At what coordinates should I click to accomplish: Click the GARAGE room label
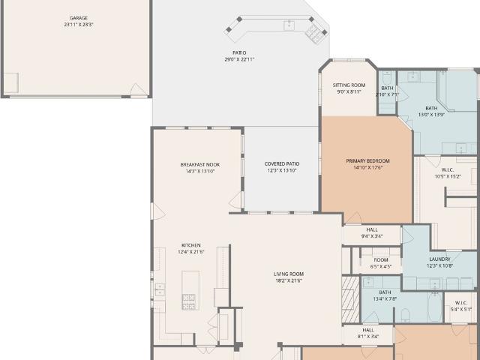[x=78, y=18]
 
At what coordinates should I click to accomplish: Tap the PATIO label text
[x=239, y=53]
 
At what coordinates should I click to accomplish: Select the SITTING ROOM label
[x=349, y=85]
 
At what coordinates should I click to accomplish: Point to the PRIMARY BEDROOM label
[x=367, y=161]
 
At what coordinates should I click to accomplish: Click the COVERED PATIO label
[x=282, y=164]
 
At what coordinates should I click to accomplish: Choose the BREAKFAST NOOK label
[x=200, y=165]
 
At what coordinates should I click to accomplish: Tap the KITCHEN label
[x=191, y=245]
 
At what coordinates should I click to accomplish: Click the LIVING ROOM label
[x=289, y=274]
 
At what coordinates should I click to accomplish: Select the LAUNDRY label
[x=439, y=259]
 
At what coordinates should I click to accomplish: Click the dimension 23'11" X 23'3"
[x=78, y=25]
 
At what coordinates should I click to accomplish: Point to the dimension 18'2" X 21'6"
[x=289, y=280]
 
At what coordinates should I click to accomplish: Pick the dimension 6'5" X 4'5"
[x=381, y=267]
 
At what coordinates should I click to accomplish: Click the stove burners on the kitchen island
[x=188, y=301]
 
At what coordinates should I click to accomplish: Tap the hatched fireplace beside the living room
[x=350, y=299]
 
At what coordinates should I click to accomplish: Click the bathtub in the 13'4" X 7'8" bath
[x=435, y=307]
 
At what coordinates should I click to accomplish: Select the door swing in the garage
[x=137, y=89]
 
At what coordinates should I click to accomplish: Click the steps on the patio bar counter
[x=314, y=33]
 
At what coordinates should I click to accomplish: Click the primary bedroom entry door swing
[x=354, y=217]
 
